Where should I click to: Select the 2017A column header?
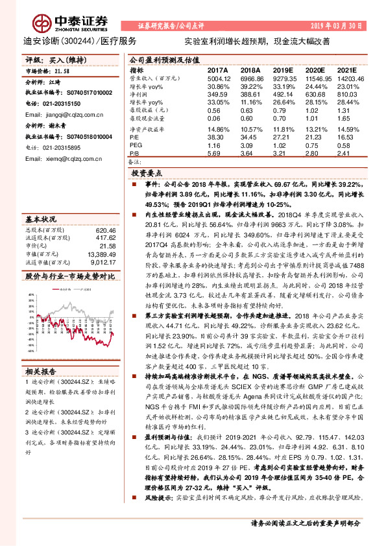[217, 69]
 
